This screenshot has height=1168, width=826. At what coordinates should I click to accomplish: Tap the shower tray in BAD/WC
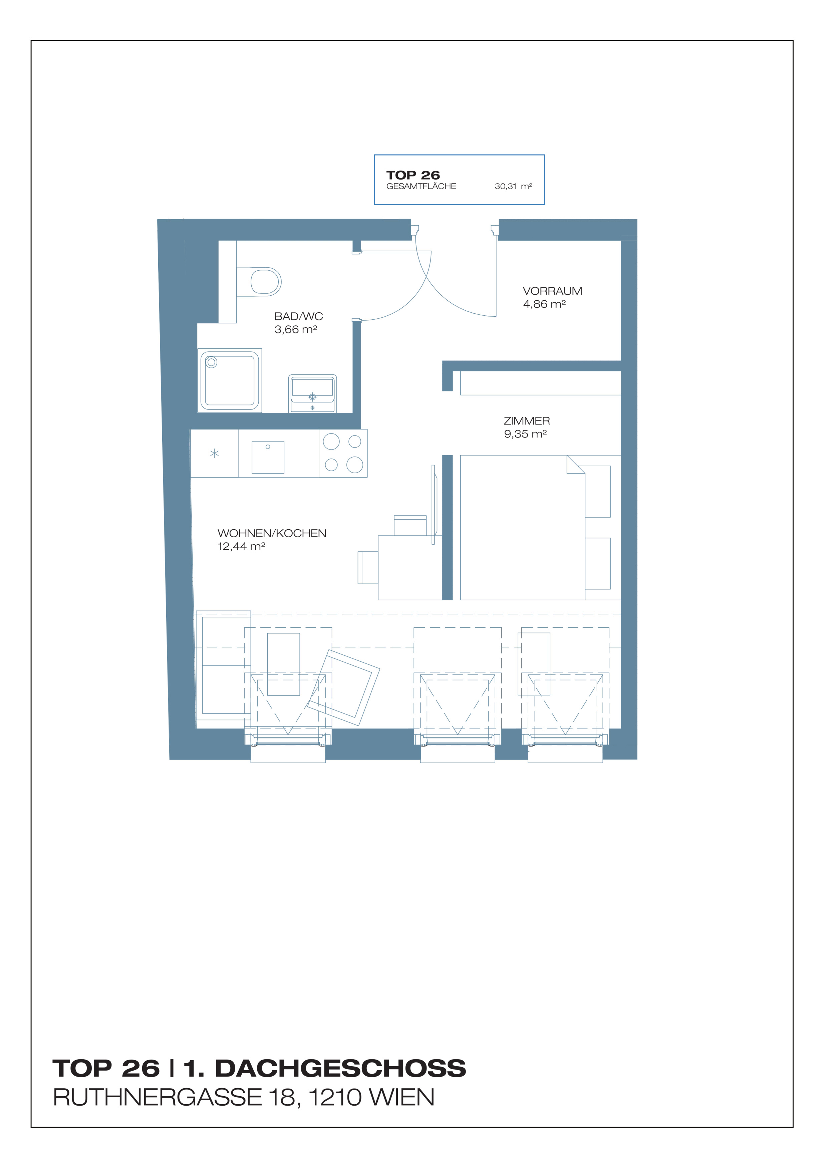coord(230,380)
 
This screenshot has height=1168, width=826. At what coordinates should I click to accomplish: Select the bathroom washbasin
coord(312,393)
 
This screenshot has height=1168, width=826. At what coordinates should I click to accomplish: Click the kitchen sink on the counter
coord(268,457)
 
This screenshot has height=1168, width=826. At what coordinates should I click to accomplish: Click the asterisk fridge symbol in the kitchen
coord(215,453)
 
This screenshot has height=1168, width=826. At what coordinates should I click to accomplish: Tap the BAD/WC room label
coord(299,316)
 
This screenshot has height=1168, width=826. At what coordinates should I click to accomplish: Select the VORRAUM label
coord(552,291)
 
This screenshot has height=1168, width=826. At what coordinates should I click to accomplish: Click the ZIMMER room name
coord(527,421)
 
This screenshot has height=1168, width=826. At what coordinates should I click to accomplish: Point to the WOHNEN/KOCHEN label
coord(272,533)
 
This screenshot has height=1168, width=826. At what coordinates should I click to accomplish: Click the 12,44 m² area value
coord(241,546)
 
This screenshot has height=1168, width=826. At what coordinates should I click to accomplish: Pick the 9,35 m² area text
coord(525,434)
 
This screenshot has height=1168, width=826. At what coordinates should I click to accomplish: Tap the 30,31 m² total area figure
coord(513,186)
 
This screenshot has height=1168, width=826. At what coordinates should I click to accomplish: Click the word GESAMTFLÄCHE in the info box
coord(421,186)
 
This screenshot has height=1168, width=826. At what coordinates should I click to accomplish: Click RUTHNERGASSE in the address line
coord(158,1097)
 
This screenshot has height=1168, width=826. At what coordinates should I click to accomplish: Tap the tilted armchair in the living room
coord(344,687)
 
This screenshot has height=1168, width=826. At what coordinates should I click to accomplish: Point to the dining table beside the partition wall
coord(410,567)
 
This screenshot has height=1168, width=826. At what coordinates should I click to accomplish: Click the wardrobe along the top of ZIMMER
coord(540,383)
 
